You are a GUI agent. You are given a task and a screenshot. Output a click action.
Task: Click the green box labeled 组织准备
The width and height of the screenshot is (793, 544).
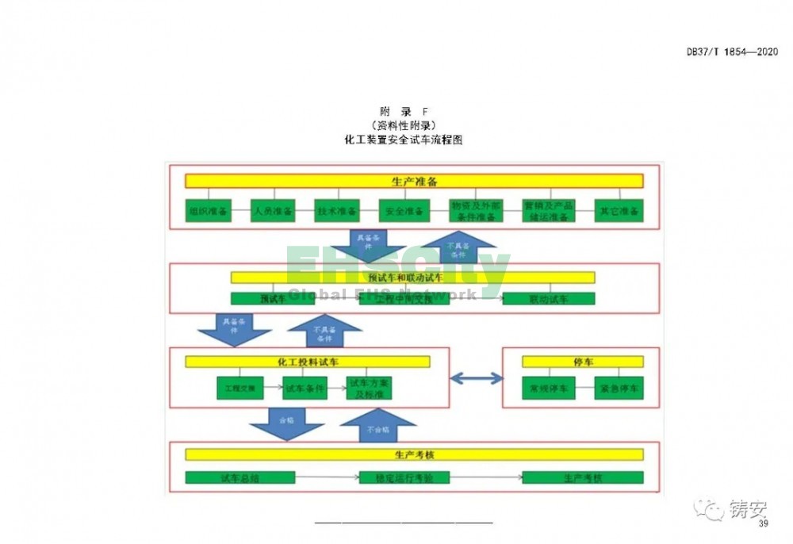click(209, 211)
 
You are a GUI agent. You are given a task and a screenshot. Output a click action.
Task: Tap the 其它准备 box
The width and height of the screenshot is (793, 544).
click(619, 211)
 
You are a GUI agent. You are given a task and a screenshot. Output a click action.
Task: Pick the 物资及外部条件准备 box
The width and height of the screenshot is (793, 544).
click(473, 211)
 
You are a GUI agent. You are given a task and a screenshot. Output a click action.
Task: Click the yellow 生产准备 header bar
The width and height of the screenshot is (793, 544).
click(414, 182)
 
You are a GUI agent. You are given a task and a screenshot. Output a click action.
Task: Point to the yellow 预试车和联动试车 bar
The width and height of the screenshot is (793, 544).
click(412, 278)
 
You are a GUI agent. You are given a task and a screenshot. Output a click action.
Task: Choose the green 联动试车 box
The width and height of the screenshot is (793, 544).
click(549, 299)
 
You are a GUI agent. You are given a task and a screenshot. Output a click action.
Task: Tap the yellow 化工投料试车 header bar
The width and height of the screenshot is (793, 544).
click(308, 362)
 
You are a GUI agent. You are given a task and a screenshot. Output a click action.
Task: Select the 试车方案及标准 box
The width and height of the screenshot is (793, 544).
click(369, 388)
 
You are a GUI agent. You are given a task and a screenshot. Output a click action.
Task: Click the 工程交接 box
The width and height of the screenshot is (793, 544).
click(239, 388)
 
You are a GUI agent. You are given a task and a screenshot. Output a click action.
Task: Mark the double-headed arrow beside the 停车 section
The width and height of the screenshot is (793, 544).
click(477, 378)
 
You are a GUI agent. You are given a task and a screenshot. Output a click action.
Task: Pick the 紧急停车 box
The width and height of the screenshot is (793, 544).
click(619, 388)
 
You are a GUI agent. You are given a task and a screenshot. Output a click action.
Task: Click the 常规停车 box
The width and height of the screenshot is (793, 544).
click(546, 388)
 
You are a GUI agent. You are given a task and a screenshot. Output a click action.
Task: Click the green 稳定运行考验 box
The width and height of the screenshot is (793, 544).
click(404, 477)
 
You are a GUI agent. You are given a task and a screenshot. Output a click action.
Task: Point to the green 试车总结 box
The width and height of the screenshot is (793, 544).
click(240, 477)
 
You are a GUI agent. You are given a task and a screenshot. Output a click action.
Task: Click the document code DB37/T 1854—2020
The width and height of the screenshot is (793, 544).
click(731, 52)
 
